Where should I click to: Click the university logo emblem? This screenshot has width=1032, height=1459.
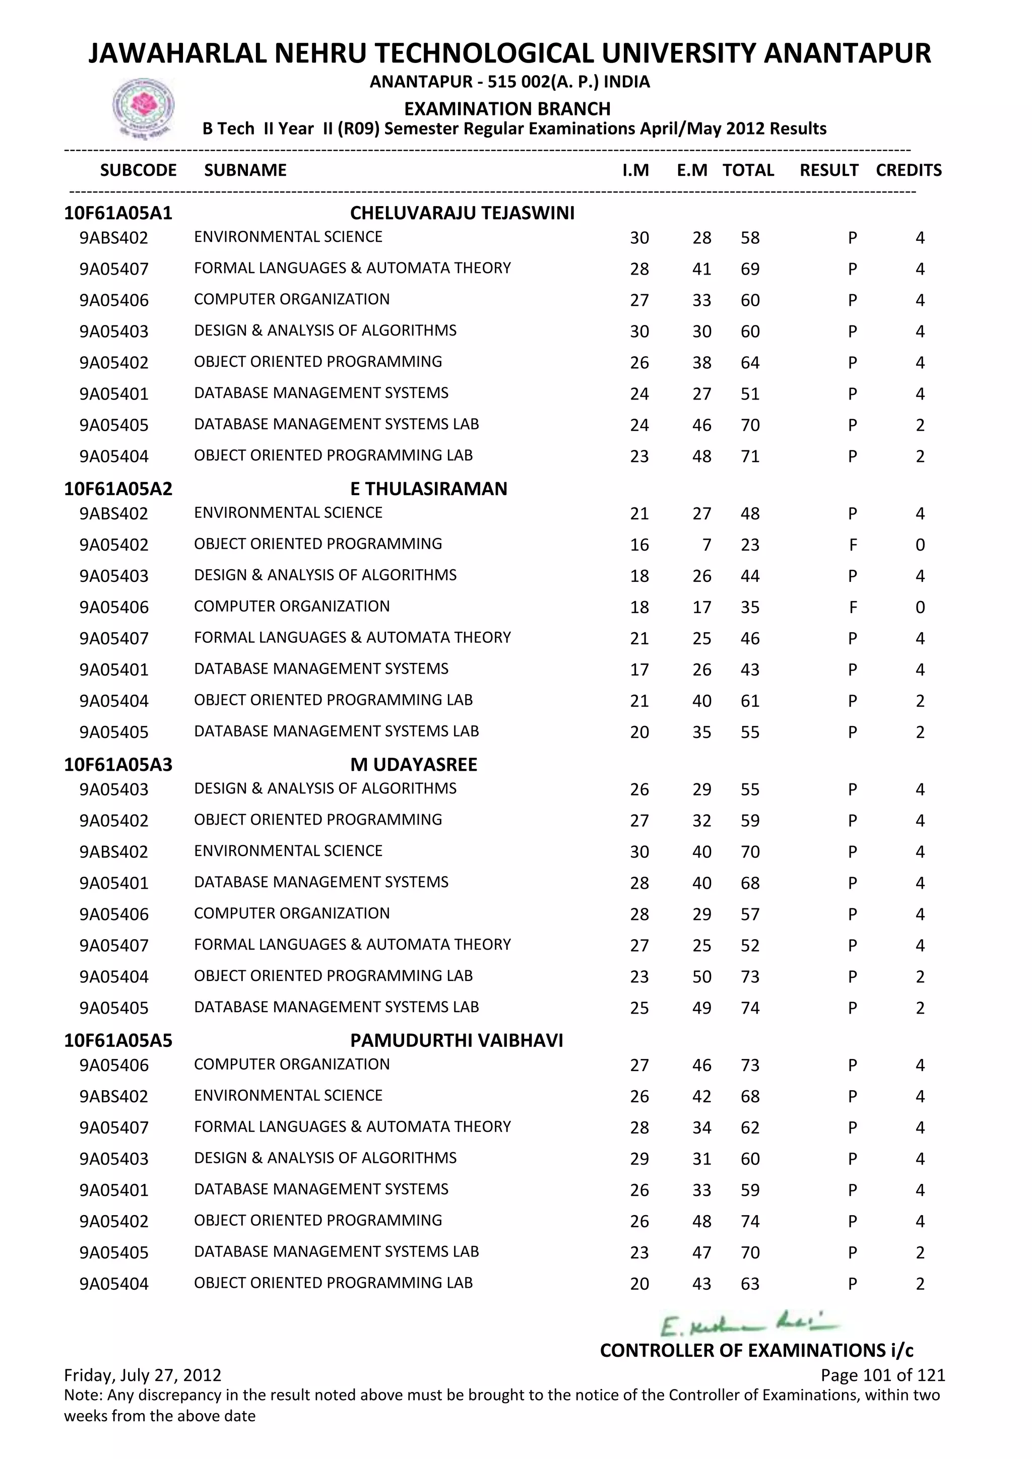[x=143, y=107]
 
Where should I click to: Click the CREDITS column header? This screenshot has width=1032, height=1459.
[x=908, y=170]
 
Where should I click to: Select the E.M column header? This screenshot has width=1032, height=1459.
[x=692, y=170]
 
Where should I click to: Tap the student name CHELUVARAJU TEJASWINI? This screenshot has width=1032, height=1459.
[x=462, y=213]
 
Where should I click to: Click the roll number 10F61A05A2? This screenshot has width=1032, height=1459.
[x=118, y=489]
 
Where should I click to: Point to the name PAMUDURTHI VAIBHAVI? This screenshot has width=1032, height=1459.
[x=456, y=1040]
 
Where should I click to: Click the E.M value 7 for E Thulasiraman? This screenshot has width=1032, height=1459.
[x=706, y=545]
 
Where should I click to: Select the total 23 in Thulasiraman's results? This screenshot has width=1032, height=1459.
[x=750, y=545]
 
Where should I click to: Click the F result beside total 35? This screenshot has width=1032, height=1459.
[x=853, y=608]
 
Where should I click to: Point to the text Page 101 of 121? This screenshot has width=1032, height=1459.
[x=883, y=1375]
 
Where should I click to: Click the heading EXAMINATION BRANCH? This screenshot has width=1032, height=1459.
[x=507, y=109]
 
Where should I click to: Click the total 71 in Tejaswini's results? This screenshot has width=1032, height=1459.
[x=750, y=457]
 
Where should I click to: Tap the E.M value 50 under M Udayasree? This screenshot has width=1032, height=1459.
[x=701, y=977]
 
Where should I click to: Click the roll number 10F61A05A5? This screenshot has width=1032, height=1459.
[x=118, y=1040]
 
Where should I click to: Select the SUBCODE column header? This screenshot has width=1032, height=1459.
[x=139, y=170]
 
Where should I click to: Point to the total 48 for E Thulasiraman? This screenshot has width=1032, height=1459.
[x=750, y=514]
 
